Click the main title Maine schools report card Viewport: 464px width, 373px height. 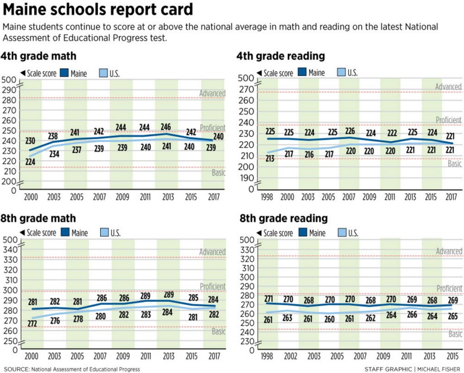click(x=97, y=10)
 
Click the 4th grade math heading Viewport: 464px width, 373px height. click(x=39, y=56)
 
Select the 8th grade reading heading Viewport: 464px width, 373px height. click(x=283, y=218)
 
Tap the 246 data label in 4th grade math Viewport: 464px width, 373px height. click(x=167, y=127)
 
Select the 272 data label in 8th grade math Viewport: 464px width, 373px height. click(x=31, y=323)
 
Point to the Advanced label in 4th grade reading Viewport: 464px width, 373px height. click(x=448, y=87)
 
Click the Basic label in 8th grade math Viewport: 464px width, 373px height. click(x=218, y=332)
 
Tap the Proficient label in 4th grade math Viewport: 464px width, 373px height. click(x=213, y=128)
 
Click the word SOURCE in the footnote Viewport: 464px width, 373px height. click(x=15, y=369)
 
